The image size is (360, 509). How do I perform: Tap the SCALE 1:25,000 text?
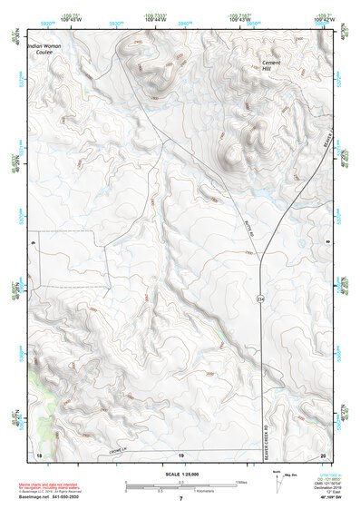click(180, 474)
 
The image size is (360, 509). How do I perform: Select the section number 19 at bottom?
click(180, 454)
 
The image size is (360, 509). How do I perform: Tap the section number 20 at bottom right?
click(322, 454)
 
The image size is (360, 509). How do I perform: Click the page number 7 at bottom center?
click(180, 498)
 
